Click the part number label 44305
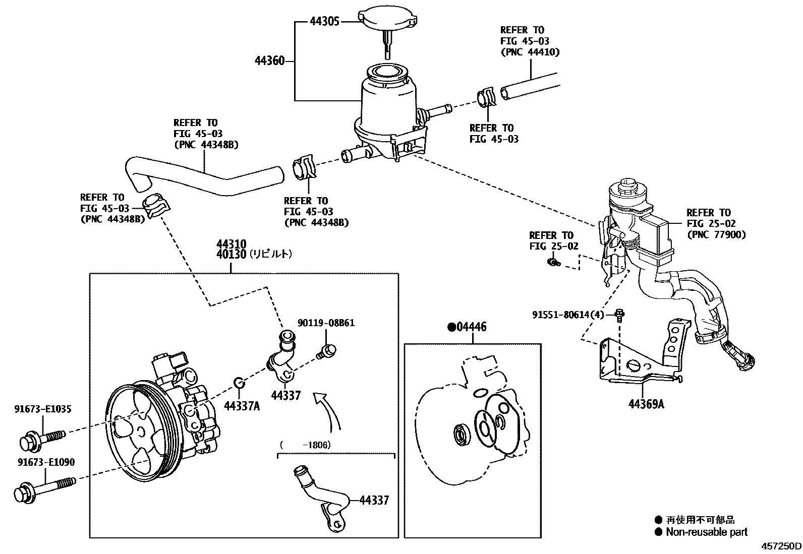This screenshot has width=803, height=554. point(325,21)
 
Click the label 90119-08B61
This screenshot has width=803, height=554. point(326,323)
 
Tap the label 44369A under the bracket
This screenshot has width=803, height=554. point(646,404)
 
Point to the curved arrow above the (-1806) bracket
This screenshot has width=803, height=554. point(328,411)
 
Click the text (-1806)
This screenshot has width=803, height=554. point(305,445)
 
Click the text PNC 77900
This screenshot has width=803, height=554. point(716,234)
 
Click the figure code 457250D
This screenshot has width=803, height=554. point(781,546)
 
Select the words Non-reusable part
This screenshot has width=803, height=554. point(706,532)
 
